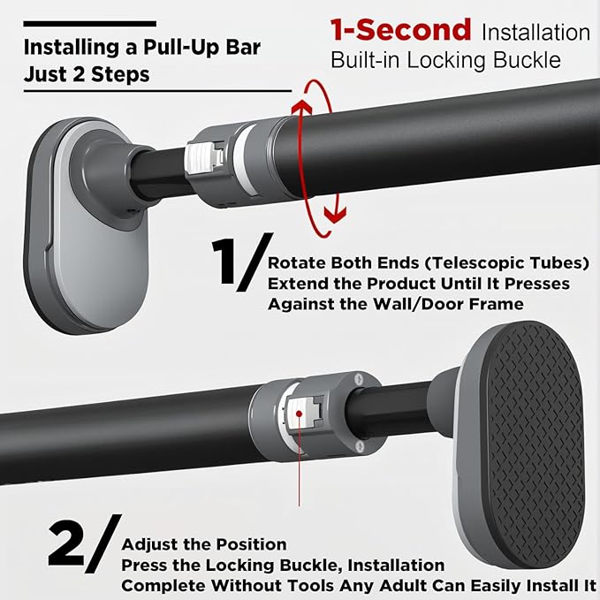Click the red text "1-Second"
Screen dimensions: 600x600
click(x=400, y=30)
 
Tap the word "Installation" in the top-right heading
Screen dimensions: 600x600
click(x=536, y=34)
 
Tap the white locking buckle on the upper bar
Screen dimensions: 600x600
click(x=201, y=159)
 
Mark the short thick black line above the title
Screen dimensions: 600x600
click(x=90, y=23)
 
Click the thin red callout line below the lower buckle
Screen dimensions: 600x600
click(x=301, y=477)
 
